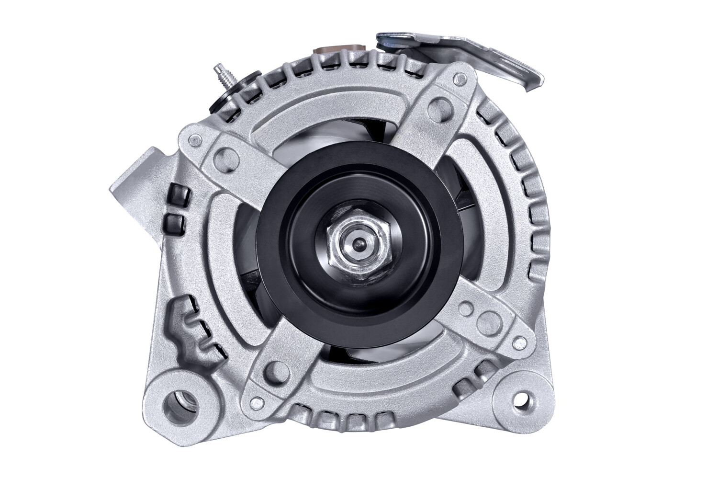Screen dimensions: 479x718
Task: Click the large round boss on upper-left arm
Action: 225,157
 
